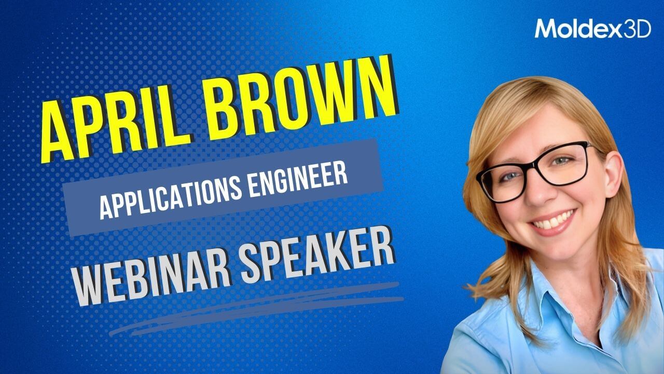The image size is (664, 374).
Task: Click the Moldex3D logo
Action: [593, 29]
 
